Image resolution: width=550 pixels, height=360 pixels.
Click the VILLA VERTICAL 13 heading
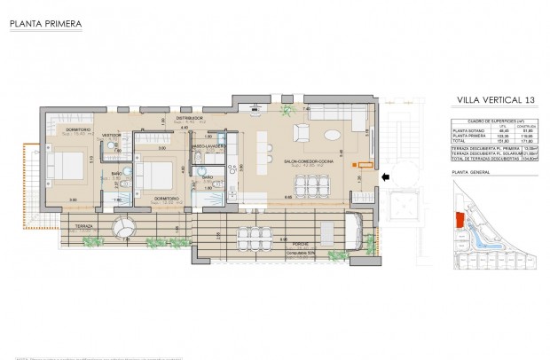coord(491,101)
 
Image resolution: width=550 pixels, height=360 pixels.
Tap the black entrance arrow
coord(384,176)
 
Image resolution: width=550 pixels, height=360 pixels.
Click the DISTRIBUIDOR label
coord(190,117)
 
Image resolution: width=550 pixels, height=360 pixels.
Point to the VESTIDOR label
coord(112,136)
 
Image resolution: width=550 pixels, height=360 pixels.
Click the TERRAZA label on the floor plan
coord(84,226)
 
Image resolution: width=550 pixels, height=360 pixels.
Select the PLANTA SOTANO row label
coord(467,129)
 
